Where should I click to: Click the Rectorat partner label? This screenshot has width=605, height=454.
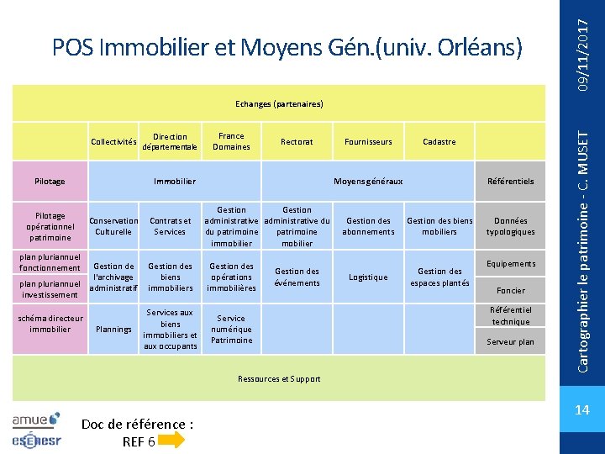(297, 142)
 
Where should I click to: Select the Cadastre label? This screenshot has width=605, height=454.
(439, 142)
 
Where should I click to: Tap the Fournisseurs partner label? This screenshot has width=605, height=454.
(368, 142)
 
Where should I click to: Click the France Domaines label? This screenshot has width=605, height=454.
(231, 141)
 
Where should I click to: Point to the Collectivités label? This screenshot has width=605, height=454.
(113, 142)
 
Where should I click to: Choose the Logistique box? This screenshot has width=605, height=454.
(368, 277)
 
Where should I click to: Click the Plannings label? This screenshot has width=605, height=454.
(113, 330)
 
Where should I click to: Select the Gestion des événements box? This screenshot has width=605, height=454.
(297, 277)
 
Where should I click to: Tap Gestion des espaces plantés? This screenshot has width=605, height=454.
(439, 277)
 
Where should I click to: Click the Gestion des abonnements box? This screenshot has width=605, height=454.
(368, 226)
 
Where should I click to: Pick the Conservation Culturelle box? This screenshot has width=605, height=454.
(113, 226)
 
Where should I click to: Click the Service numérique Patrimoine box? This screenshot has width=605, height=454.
(231, 330)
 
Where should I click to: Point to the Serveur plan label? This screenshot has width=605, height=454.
(510, 342)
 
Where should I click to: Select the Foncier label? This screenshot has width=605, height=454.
(510, 291)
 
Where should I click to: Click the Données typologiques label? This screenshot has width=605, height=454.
(510, 226)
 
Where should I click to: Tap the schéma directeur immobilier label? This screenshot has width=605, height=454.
(50, 324)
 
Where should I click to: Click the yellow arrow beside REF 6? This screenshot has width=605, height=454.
(171, 441)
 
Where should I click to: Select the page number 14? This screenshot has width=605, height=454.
(581, 410)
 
